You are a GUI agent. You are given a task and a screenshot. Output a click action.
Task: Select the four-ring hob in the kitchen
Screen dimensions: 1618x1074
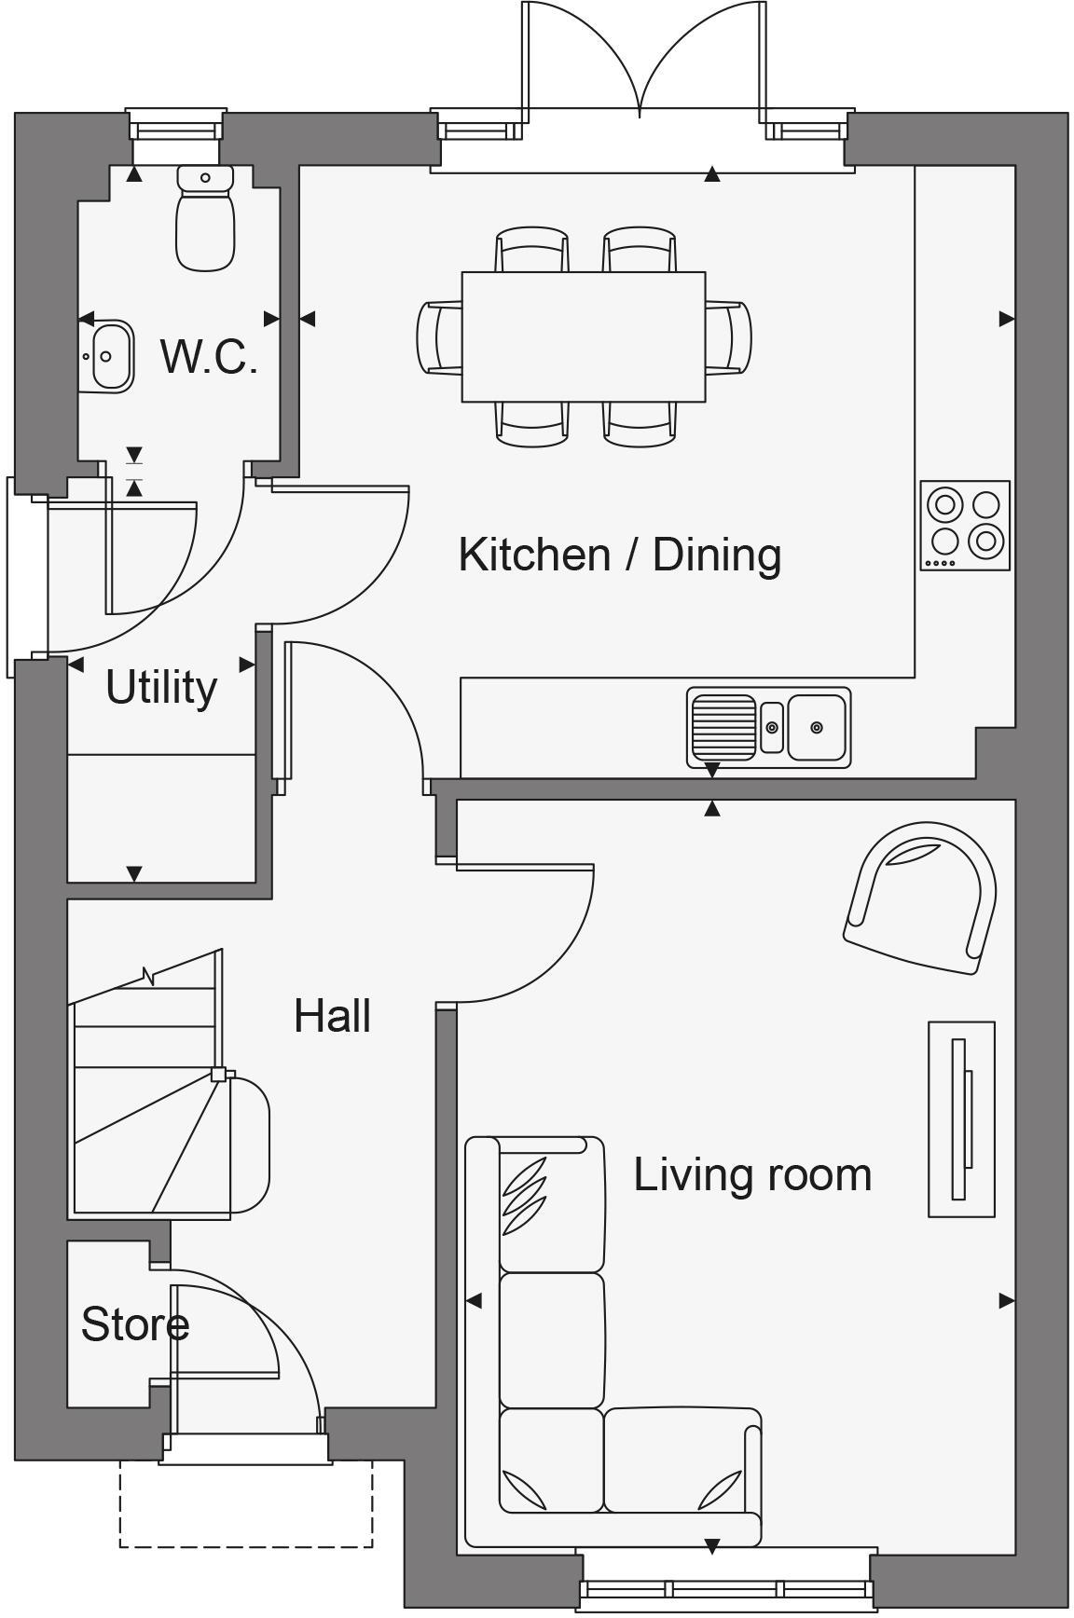click(x=965, y=525)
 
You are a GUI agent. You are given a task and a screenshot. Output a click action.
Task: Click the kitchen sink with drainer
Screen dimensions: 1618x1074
click(x=768, y=727)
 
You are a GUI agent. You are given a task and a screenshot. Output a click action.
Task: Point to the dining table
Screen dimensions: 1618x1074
click(x=584, y=336)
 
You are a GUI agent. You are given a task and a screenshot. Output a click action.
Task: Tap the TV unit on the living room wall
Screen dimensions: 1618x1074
click(x=961, y=1118)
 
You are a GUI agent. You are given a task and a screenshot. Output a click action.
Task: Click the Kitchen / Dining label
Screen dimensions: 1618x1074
click(x=619, y=555)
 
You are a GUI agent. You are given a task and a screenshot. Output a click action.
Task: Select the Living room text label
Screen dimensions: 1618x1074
click(x=752, y=1174)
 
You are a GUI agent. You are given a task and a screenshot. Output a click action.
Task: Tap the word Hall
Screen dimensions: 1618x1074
click(x=332, y=1016)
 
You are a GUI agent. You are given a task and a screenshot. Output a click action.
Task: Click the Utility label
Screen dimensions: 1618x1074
click(x=161, y=688)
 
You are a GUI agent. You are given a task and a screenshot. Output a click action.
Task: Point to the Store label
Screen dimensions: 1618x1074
click(x=135, y=1324)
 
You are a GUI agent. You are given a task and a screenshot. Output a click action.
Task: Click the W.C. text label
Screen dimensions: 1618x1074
click(x=209, y=356)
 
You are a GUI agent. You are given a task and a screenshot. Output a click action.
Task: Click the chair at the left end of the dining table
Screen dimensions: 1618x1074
click(x=438, y=336)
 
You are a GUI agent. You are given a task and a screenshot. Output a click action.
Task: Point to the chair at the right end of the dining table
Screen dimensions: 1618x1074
click(x=729, y=336)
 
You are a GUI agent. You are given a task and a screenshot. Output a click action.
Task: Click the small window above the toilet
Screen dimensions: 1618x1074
click(x=176, y=125)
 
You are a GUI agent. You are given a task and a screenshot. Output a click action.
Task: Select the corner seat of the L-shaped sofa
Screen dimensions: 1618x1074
click(x=551, y=1460)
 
